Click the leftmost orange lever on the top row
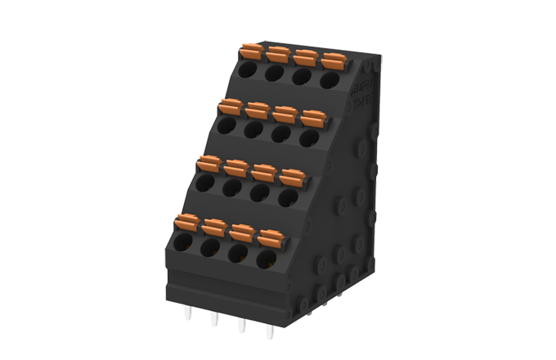pos(253,52)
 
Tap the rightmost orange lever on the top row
pos(332,61)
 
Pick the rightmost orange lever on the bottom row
pos(270,238)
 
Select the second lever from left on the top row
pos(279,54)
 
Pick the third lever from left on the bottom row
pos(242,232)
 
